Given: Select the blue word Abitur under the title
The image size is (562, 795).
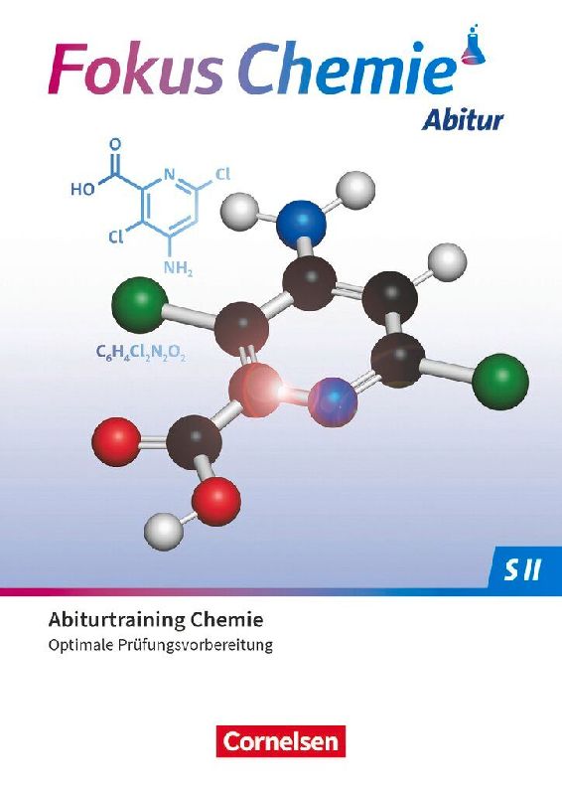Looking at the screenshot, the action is (462, 120).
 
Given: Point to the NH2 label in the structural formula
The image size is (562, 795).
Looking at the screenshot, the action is (178, 268).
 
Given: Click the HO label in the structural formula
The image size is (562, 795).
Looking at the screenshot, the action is (82, 189).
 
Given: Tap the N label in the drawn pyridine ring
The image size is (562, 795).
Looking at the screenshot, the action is (169, 176).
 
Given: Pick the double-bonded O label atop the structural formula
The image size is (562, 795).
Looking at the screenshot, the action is (115, 143).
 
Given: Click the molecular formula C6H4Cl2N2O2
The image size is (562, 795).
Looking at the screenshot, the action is (140, 353).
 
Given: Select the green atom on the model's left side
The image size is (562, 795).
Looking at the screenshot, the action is (140, 303).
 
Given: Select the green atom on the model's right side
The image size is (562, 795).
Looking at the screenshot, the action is (500, 383).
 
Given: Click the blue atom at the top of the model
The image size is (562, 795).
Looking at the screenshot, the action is (301, 222).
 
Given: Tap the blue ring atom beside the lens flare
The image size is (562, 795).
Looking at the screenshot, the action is (333, 401).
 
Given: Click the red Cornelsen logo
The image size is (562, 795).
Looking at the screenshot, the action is (281, 741).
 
